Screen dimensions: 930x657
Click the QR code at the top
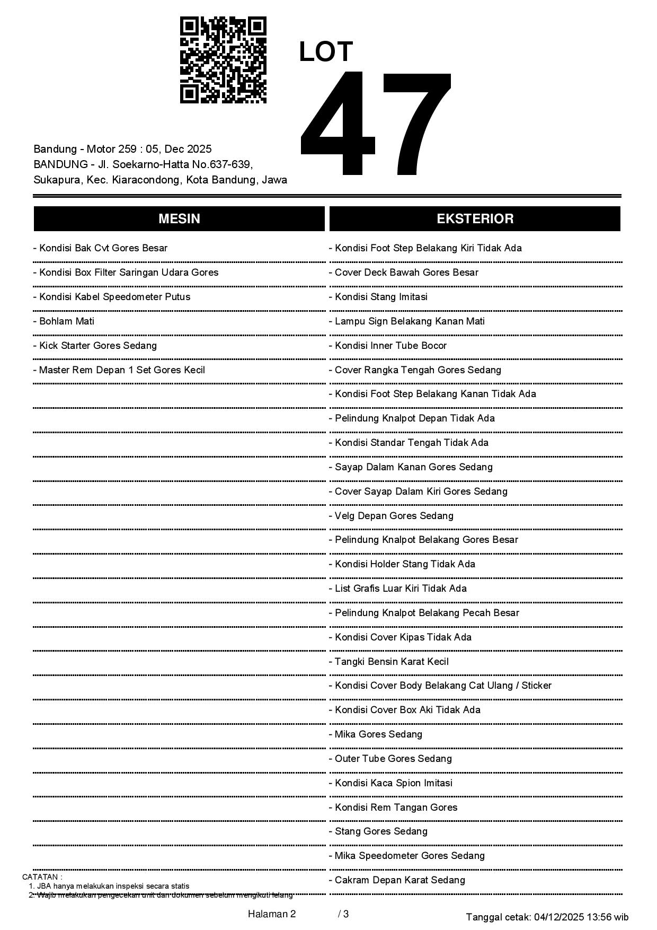[x=223, y=60]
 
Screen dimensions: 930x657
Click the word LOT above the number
[x=326, y=52]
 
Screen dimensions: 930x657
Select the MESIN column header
[x=179, y=218]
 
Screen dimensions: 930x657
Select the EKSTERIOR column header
[x=475, y=218]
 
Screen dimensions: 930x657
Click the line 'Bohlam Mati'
[x=64, y=321]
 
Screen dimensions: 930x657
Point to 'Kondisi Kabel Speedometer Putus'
[x=112, y=296]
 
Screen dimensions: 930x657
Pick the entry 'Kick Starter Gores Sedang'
[x=95, y=345]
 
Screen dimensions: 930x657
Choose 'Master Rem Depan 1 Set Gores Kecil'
[x=119, y=370]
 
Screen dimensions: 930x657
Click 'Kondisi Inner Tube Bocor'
[x=388, y=345]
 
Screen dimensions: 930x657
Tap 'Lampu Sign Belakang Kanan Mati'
[x=407, y=321]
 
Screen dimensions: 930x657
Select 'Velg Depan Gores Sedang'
[x=392, y=515]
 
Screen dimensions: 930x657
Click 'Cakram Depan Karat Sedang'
[x=397, y=880]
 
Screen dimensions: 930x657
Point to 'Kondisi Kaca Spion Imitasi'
[x=391, y=783]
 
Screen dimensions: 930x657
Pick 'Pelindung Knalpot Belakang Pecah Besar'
[x=424, y=612]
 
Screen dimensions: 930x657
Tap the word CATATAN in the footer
[x=42, y=877]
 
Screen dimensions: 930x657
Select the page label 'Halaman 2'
[x=271, y=914]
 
